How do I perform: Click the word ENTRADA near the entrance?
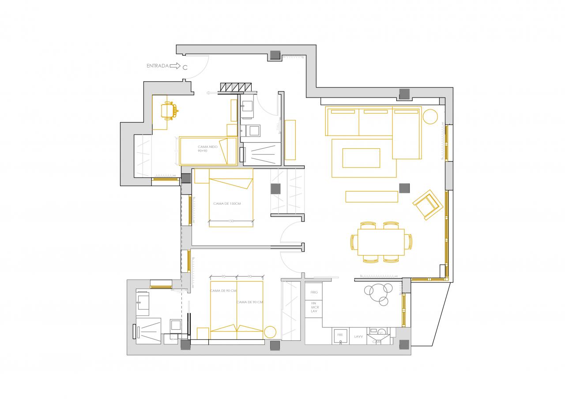157,66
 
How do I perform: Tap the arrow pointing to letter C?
175,66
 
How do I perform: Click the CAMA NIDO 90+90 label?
205,149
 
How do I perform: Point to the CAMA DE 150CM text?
226,203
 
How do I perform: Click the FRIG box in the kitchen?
314,292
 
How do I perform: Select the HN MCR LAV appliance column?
314,307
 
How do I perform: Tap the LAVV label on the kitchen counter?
358,336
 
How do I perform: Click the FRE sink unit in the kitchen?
340,336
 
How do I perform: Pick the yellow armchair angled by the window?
427,204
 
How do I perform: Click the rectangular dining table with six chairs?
381,242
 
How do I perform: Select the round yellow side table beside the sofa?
430,117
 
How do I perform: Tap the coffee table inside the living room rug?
361,158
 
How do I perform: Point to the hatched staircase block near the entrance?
236,87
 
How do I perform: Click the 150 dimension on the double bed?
231,221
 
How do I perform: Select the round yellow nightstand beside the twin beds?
270,331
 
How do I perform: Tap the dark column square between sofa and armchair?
404,188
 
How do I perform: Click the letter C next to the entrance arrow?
185,67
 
